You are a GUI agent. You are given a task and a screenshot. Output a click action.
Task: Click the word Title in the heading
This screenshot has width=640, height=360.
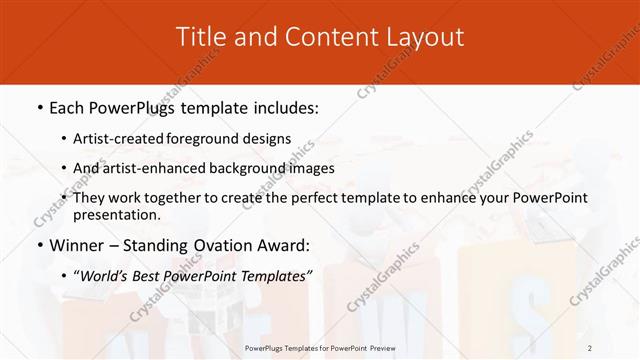pos(200,37)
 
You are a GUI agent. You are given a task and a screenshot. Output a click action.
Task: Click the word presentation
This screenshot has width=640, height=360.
pos(116,214)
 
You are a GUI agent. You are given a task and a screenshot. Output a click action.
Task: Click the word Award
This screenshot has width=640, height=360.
pos(283,244)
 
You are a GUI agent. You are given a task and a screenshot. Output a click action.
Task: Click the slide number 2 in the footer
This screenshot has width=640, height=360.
pos(590,347)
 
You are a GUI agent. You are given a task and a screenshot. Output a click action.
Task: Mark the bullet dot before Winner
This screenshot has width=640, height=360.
pos(39,245)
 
